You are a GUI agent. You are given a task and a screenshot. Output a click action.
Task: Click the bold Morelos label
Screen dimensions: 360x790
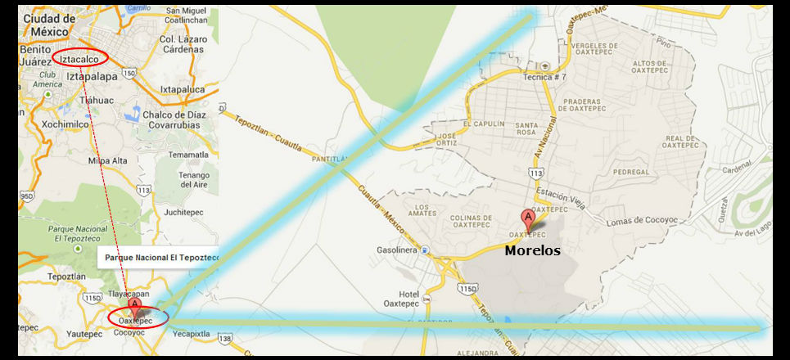[532, 250]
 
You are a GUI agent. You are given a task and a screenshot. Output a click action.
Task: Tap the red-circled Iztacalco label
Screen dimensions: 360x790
[84, 59]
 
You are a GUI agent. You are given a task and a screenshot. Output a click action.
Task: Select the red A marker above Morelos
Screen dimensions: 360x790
[529, 219]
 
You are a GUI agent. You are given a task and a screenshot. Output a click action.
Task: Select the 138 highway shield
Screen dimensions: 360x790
[225, 337]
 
